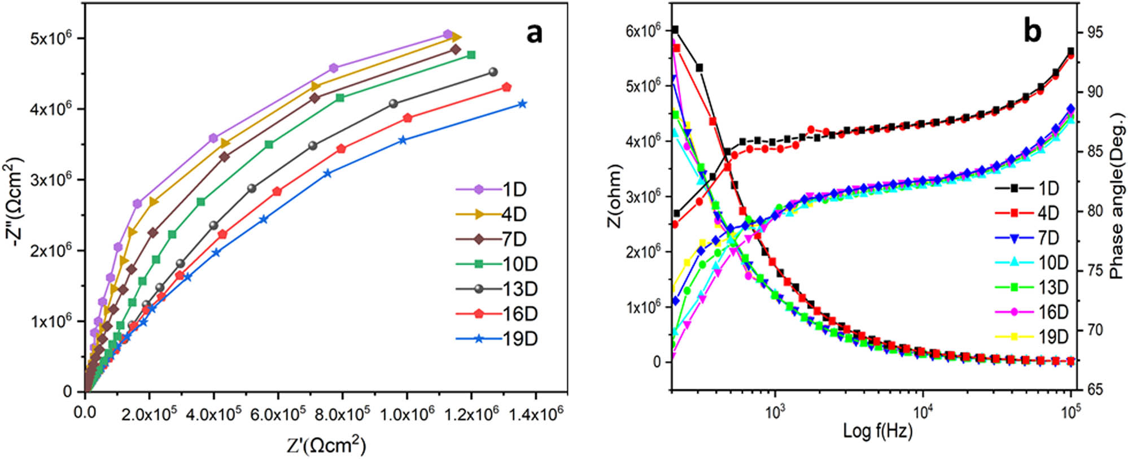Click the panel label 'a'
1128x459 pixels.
[x=534, y=34]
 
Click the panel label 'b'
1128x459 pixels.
[x=1033, y=32]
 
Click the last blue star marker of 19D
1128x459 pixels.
[x=522, y=104]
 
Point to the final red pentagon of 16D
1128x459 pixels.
[x=506, y=87]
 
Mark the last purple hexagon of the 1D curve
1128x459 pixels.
[x=447, y=35]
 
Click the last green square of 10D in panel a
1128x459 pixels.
[x=471, y=55]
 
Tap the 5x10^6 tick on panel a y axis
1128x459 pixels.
[x=51, y=38]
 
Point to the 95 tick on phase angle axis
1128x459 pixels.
[x=1091, y=33]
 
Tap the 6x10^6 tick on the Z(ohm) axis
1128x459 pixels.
[x=642, y=31]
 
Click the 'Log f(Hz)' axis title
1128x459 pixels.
[x=877, y=431]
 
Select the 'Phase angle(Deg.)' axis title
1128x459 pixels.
[x=1117, y=195]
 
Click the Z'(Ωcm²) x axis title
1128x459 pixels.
[x=326, y=445]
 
